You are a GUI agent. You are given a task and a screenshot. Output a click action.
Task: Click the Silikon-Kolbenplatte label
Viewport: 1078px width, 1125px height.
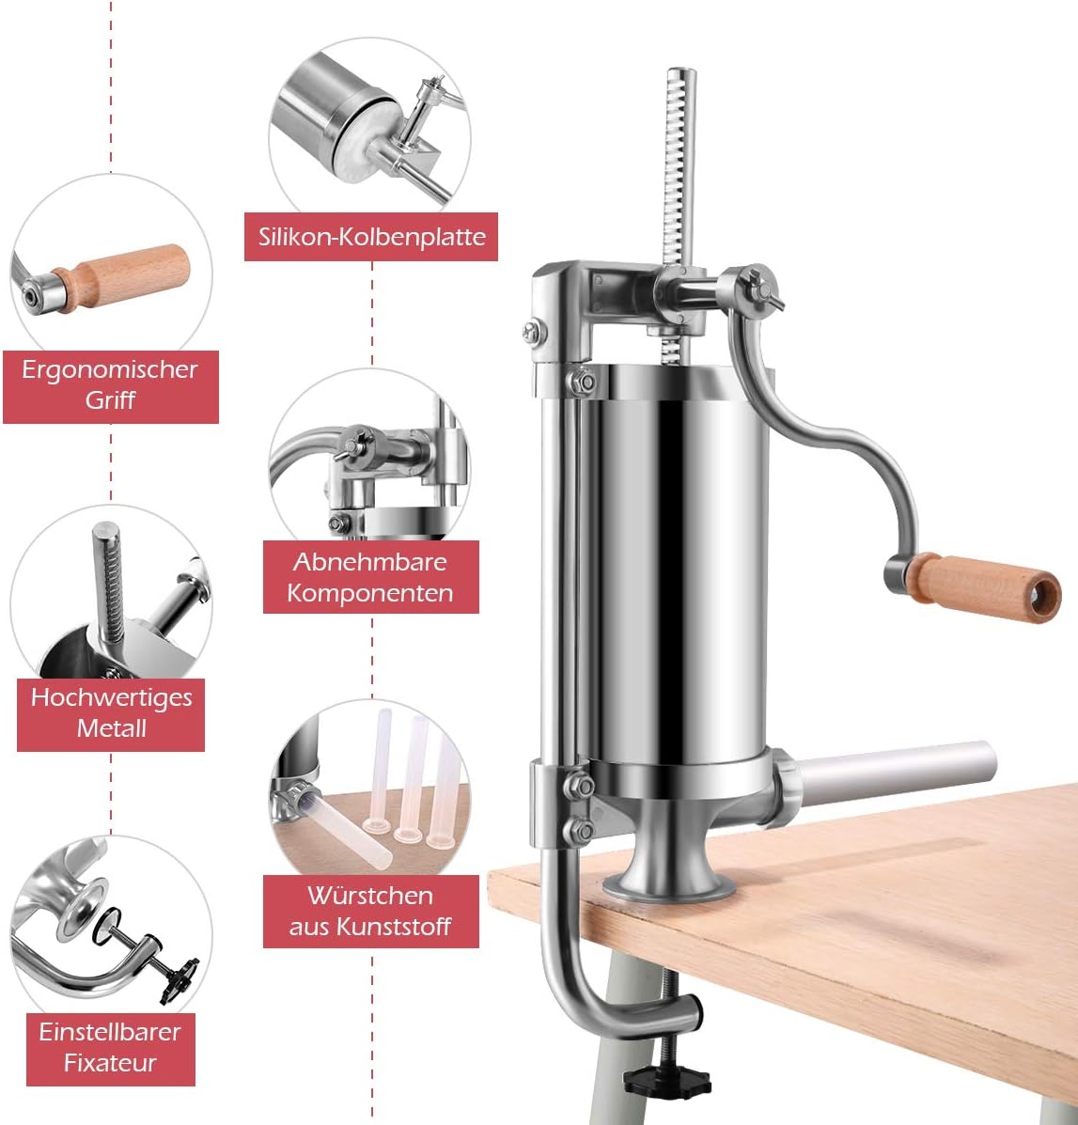pos(371,237)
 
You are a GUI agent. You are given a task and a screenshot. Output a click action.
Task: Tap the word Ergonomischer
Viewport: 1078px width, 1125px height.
pos(110,369)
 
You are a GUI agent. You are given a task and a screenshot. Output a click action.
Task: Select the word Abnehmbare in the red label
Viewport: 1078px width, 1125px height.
pos(370,562)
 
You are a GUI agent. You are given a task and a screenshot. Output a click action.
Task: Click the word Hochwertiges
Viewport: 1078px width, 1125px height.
pos(111,697)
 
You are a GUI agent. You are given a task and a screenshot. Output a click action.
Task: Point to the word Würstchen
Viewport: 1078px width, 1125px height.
pos(370,896)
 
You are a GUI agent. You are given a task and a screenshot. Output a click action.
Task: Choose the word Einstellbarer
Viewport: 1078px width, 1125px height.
pos(110,1032)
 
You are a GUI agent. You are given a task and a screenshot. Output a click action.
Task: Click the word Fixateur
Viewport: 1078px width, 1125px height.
pos(110,1063)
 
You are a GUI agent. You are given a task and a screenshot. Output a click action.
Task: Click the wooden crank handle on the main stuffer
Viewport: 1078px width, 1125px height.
pos(983,586)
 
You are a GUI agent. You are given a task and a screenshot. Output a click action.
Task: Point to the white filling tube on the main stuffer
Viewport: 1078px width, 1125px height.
pos(893,773)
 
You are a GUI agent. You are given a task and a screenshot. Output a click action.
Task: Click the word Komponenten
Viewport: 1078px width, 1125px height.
pos(370,593)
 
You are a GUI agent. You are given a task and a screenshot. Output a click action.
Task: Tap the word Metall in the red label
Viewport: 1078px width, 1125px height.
pos(111,728)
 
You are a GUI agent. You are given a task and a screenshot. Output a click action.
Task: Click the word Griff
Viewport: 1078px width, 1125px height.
pos(110,399)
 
